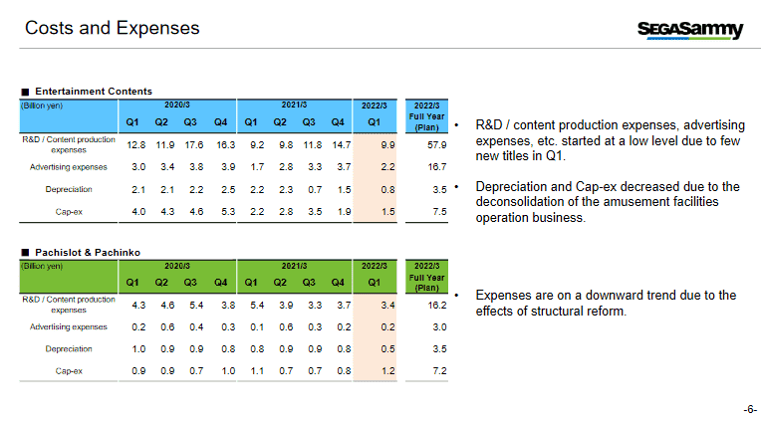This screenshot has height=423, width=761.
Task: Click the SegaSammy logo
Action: pyautogui.click(x=689, y=30)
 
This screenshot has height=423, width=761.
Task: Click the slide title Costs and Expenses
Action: pyautogui.click(x=112, y=28)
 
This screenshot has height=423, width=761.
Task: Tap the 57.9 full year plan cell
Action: pyautogui.click(x=434, y=145)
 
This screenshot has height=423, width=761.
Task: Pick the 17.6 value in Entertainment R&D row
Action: pyautogui.click(x=193, y=145)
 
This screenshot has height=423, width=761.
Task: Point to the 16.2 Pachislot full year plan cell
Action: pyautogui.click(x=434, y=305)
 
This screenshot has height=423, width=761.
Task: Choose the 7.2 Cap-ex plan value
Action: pyautogui.click(x=437, y=370)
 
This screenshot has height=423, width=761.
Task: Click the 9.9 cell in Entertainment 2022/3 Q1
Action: pyautogui.click(x=375, y=145)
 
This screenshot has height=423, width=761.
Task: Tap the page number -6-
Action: pyautogui.click(x=749, y=409)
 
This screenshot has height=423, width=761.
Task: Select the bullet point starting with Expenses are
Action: pyautogui.click(x=605, y=303)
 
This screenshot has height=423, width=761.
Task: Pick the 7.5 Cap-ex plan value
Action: pyautogui.click(x=437, y=211)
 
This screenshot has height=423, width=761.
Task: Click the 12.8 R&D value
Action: pyautogui.click(x=137, y=145)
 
